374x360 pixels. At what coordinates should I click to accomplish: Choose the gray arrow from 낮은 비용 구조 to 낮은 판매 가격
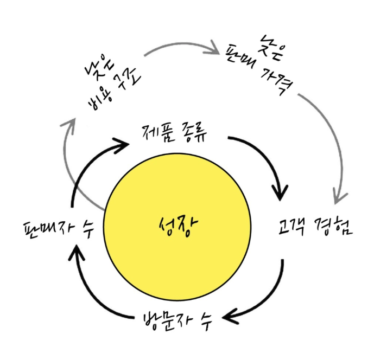179,47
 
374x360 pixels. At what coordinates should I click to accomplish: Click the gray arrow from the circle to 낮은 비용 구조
73,163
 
